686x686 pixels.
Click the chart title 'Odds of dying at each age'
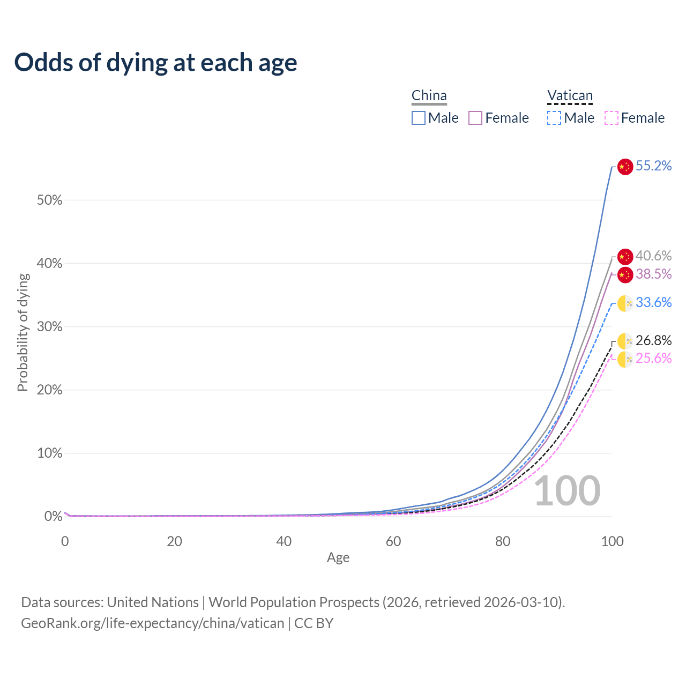[x=155, y=63]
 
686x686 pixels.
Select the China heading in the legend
[x=429, y=96]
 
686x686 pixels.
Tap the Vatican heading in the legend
[x=570, y=96]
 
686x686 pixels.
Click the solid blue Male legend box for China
[x=419, y=118]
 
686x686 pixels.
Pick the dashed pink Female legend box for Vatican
[x=612, y=118]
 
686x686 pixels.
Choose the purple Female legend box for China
[x=475, y=118]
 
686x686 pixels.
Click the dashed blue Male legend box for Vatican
[x=554, y=118]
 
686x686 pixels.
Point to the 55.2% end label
[x=653, y=166]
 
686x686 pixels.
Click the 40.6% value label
[x=653, y=256]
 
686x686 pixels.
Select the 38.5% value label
[x=653, y=274]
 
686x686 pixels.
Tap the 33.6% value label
[x=653, y=303]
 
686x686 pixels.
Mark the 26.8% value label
[x=653, y=341]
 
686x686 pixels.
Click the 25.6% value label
[x=653, y=359]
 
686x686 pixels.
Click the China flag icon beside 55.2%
[x=625, y=167]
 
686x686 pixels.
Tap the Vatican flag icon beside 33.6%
[x=625, y=303]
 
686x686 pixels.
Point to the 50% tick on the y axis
[x=49, y=200]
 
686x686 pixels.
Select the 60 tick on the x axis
[x=393, y=541]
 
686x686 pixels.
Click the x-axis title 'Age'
[x=338, y=558]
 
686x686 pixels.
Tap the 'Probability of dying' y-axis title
[x=23, y=332]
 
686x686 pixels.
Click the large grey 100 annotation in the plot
[x=567, y=491]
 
